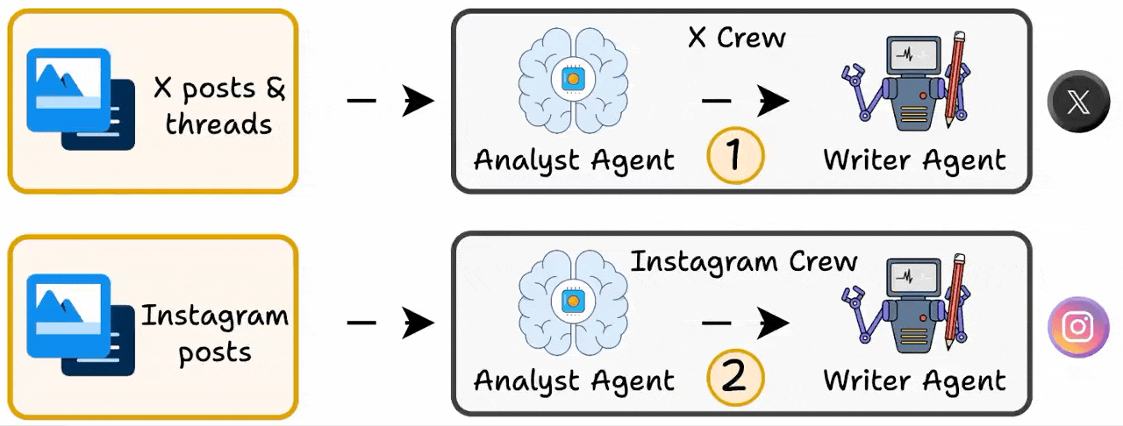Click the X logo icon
coord(1078,103)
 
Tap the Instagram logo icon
coord(1078,327)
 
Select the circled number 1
coord(735,156)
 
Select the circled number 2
coord(735,378)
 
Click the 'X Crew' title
coord(735,37)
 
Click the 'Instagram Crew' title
coord(744,261)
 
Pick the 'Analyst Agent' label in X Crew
coord(574,160)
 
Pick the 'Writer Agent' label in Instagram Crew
coord(914,381)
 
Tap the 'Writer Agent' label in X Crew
coord(914,160)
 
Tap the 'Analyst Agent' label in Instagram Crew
coord(574,381)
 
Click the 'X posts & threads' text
coord(219,105)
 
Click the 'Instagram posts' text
coord(215,333)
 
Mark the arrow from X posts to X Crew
coord(390,102)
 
